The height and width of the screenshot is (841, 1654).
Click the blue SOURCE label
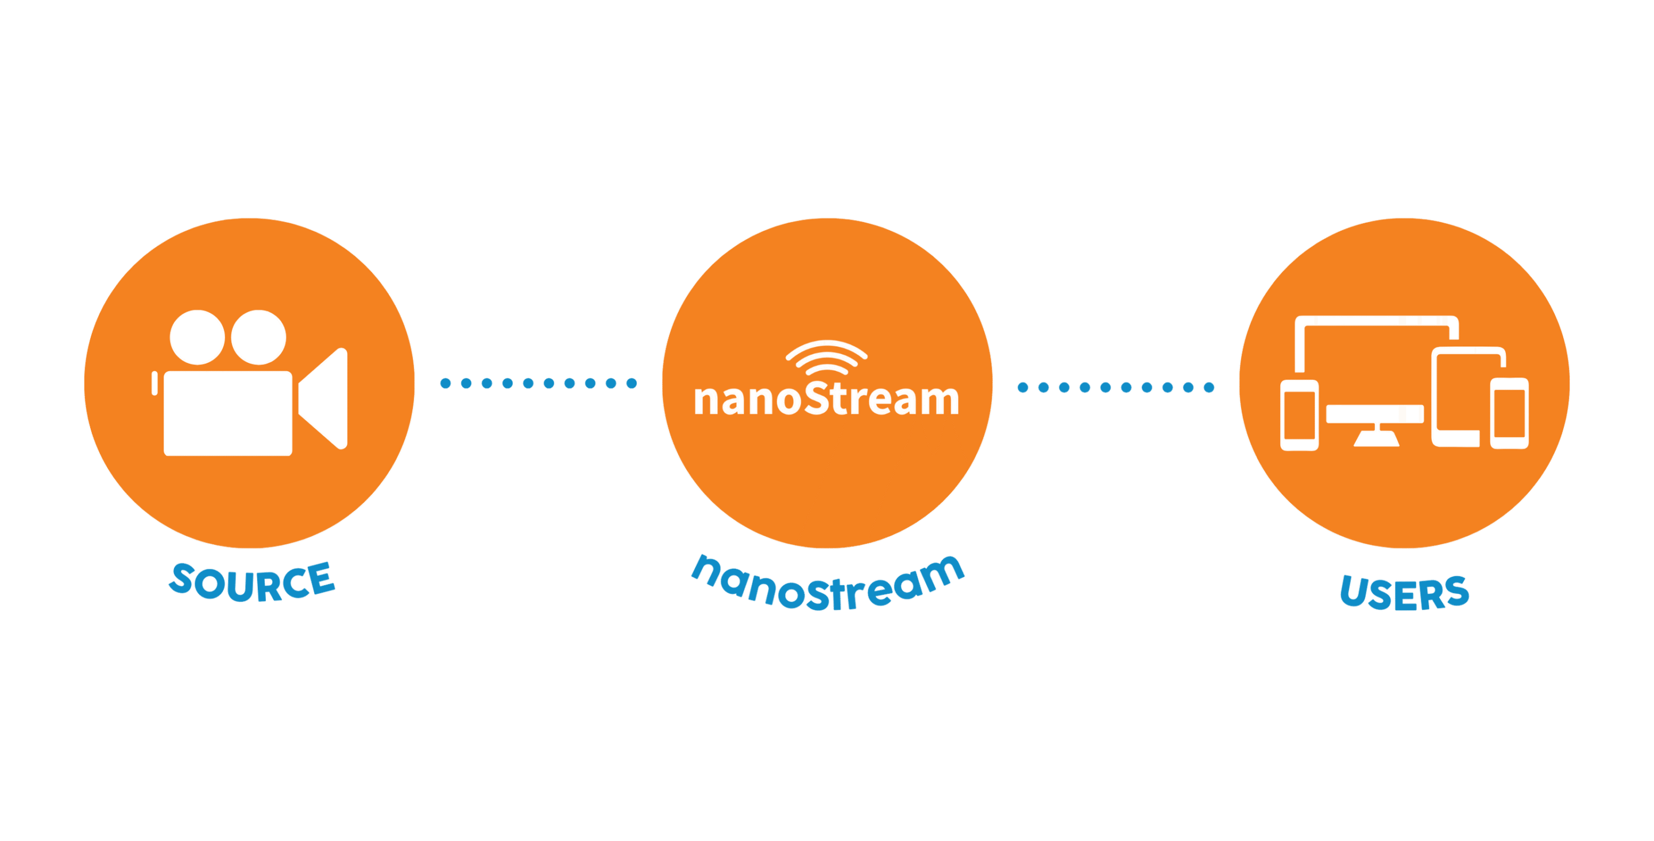252,582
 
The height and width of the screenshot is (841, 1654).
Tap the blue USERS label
1404,592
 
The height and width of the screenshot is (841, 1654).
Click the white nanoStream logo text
826,400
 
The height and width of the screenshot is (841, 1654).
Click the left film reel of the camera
197,337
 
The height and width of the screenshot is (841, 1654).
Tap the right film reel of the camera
258,337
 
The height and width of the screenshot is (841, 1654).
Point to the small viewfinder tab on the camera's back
154,383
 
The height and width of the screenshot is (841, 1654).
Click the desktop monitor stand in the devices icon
1376,436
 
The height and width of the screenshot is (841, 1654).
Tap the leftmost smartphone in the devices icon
1299,416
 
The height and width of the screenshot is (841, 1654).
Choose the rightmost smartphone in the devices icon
1509,413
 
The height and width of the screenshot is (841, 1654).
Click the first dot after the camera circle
445,383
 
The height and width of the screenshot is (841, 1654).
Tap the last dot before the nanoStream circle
632,383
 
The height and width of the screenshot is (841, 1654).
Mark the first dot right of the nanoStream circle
1023,387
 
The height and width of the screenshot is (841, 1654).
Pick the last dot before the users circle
1209,387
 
